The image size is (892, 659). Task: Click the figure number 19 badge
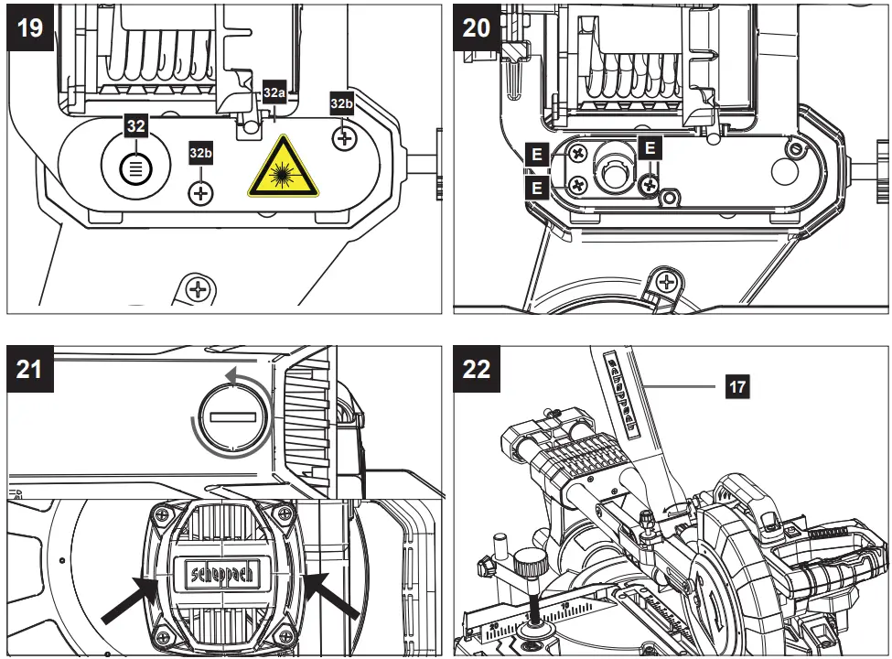pos(30,27)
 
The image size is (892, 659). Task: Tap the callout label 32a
pos(274,93)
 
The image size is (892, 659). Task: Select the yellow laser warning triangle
pos(284,169)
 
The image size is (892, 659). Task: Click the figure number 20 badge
pos(478,27)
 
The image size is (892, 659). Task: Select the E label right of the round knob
pos(650,146)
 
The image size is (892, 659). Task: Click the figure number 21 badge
pos(30,369)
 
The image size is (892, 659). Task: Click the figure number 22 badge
pos(478,369)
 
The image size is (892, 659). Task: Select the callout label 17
pos(736,387)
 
